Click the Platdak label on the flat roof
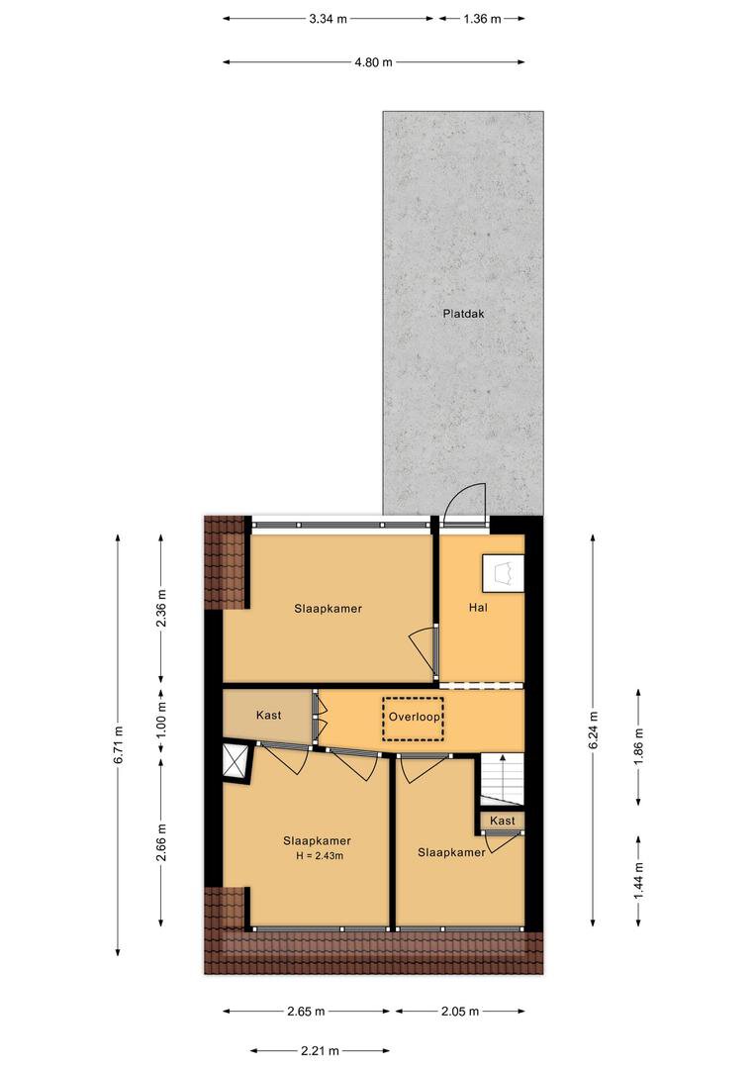(x=463, y=315)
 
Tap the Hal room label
(x=478, y=607)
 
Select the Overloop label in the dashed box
(x=414, y=718)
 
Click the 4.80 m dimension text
(x=374, y=62)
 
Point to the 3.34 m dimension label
(x=328, y=19)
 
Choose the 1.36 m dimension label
(x=482, y=19)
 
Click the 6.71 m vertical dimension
(x=119, y=743)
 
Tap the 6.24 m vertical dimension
(x=594, y=730)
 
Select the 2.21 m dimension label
(x=320, y=1050)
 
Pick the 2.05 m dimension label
(x=459, y=1011)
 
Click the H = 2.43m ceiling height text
(x=320, y=855)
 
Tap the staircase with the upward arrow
(x=503, y=780)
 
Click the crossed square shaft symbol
(x=236, y=761)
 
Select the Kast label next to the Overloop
(x=268, y=716)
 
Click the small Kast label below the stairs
(x=503, y=821)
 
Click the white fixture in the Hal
(x=503, y=573)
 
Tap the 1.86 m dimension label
(x=639, y=746)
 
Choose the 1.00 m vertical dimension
(x=161, y=720)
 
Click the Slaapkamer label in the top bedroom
(x=328, y=609)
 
